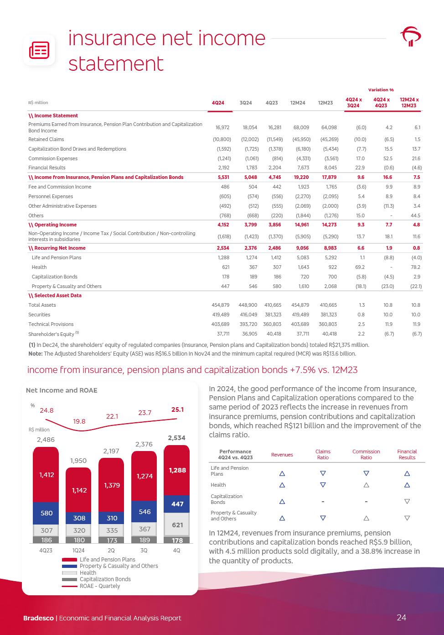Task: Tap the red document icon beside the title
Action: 39,50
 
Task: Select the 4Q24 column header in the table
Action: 218,103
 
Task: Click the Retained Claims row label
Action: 46,139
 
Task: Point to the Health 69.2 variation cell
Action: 360,267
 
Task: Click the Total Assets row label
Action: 42,305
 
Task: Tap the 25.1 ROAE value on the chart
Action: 177,409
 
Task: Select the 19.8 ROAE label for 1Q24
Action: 79,421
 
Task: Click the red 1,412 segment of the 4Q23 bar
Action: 46,475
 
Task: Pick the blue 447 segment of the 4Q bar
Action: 177,504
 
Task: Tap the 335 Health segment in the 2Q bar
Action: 112,530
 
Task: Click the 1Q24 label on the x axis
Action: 79,551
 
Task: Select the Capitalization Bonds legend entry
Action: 105,579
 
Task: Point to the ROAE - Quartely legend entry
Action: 100,586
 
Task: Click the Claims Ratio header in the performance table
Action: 323,454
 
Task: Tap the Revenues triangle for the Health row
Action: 282,485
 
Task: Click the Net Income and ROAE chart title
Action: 62,390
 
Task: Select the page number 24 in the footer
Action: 401,618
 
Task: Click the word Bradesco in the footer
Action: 39,618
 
